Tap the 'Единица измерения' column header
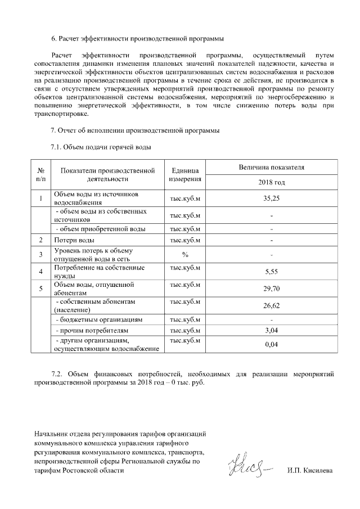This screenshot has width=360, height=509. click(185, 175)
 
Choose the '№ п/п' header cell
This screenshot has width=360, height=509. click(41, 175)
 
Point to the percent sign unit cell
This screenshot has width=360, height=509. click(185, 254)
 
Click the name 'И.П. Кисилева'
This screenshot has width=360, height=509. click(309, 470)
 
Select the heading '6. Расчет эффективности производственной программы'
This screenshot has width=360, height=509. click(137, 39)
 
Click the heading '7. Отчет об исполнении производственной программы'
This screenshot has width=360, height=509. click(135, 131)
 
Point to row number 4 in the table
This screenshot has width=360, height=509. click(41, 272)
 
